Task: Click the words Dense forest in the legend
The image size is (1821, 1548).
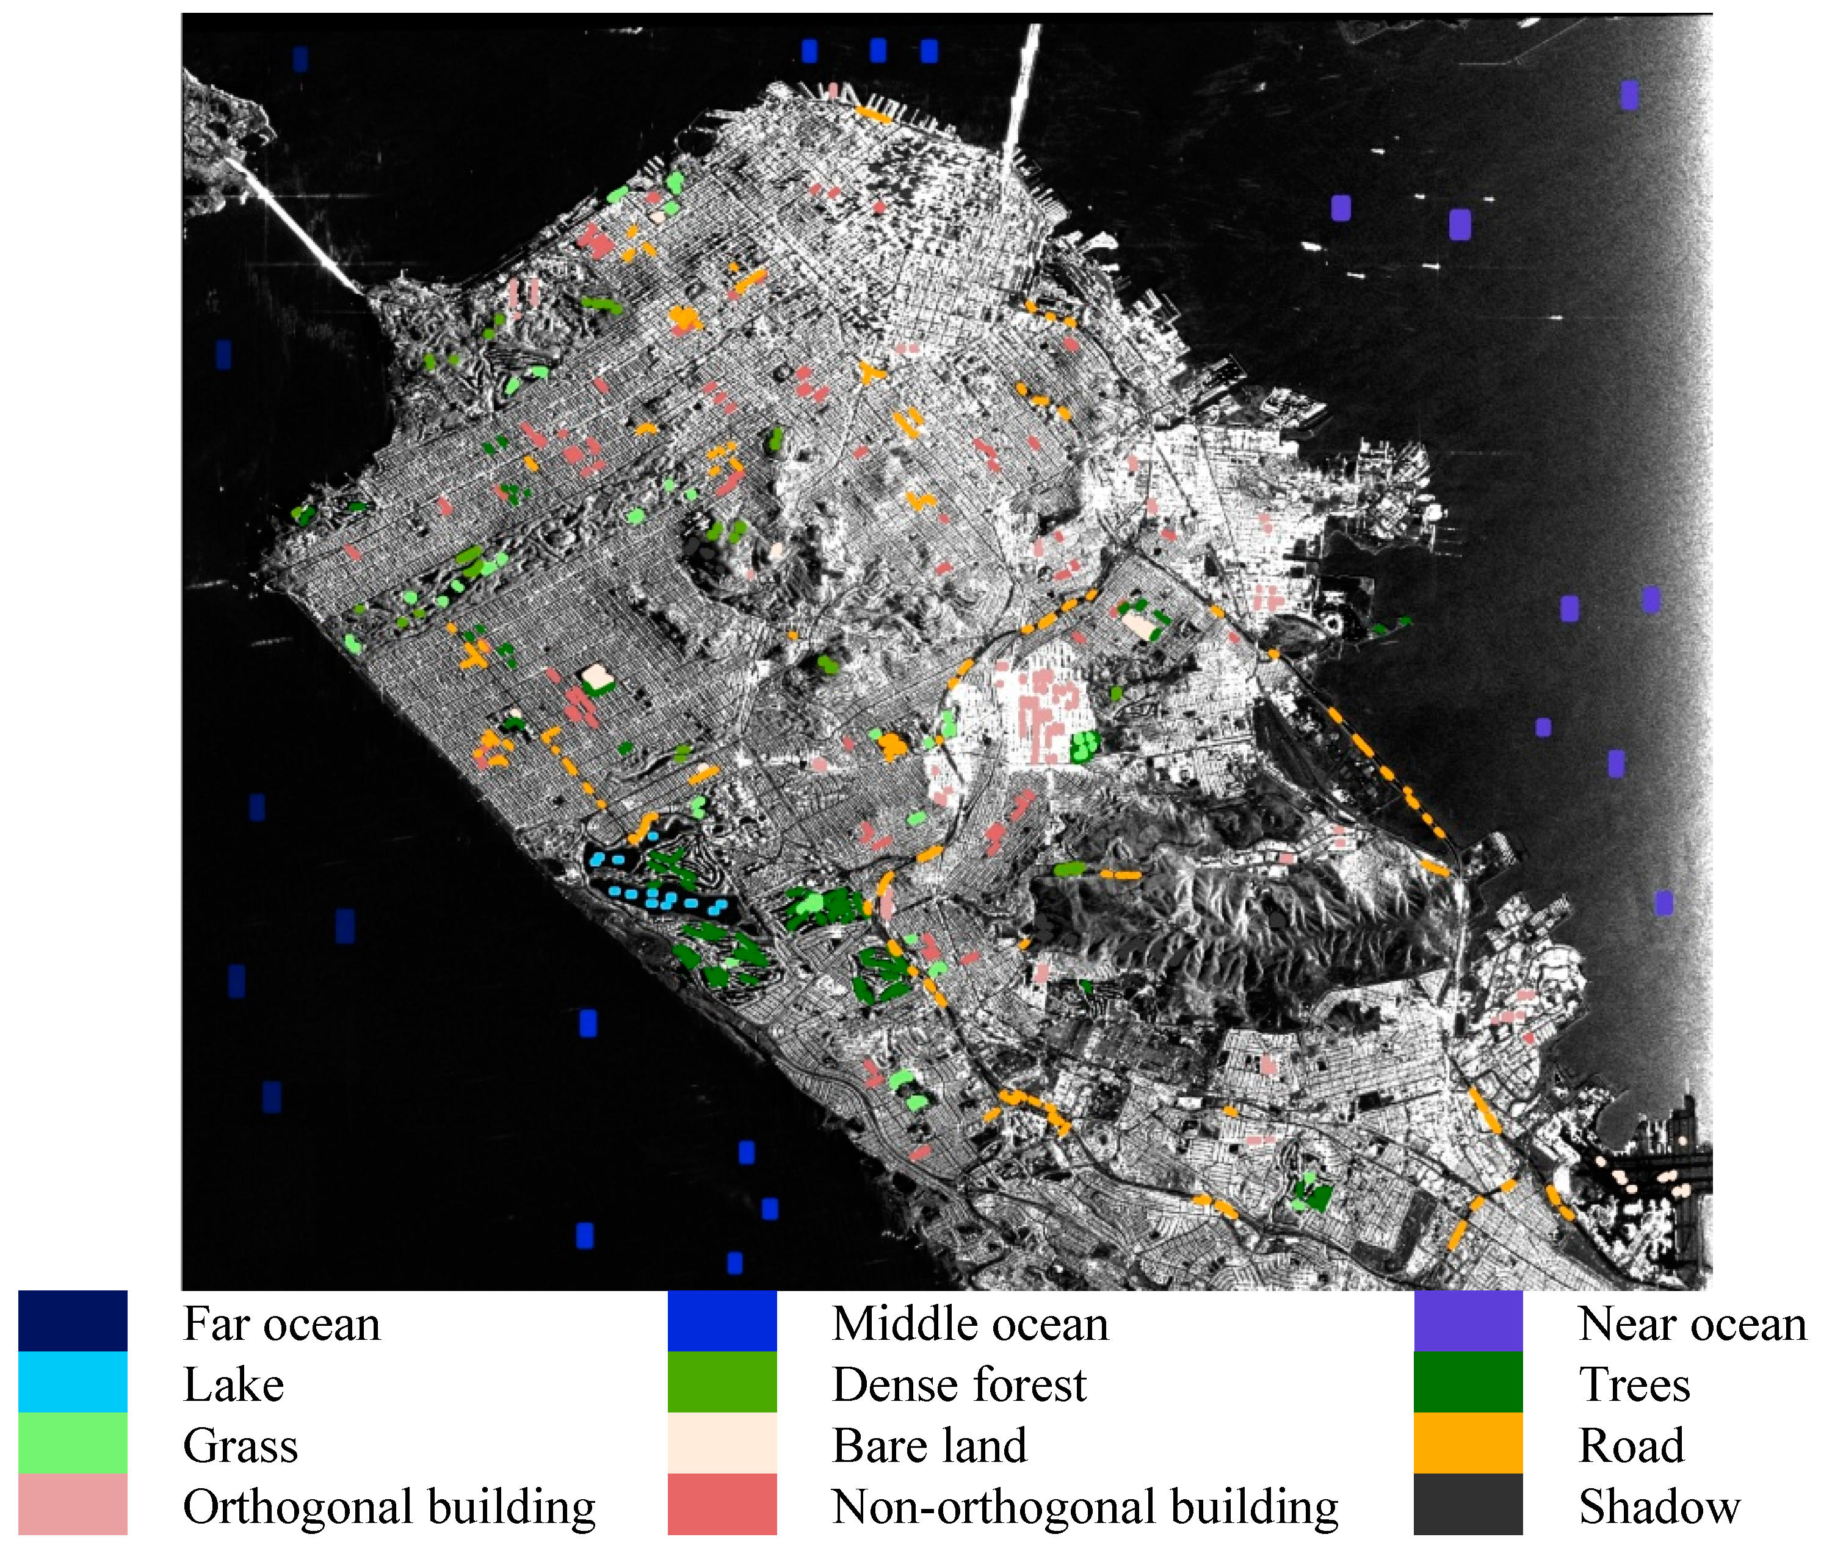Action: tap(958, 1385)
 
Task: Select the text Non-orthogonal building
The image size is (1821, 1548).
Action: tap(1085, 1506)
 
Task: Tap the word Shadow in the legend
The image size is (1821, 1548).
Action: tap(1659, 1506)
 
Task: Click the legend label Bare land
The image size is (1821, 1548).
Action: tap(929, 1445)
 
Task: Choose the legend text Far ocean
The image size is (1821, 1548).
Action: tap(281, 1323)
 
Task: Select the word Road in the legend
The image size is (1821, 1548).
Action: tap(1631, 1445)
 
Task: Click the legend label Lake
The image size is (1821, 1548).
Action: tap(233, 1385)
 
